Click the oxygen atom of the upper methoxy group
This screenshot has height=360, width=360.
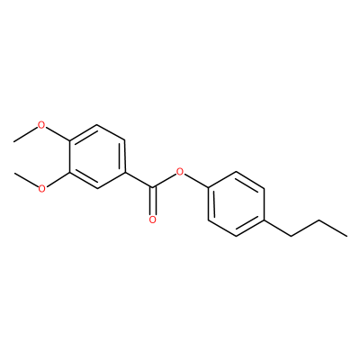tap(41, 125)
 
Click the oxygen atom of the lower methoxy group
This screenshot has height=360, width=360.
tap(41, 189)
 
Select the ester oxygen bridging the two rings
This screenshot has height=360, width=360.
tap(180, 173)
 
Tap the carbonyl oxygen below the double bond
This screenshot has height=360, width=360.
tap(152, 220)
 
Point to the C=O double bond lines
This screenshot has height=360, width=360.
tap(152, 202)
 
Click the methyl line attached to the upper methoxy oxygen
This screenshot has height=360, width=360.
tap(25, 134)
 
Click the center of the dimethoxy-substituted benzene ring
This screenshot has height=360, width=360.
tap(97, 157)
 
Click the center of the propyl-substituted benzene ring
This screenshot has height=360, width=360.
tap(236, 204)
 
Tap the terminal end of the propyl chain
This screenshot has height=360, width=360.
tap(347, 237)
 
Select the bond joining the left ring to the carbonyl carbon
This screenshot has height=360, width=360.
tap(139, 181)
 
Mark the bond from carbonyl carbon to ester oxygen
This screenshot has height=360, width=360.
tap(165, 182)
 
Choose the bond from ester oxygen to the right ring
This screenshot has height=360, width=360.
tap(196, 181)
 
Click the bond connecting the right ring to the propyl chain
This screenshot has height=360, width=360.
tap(278, 229)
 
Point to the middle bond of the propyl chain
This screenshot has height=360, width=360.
tap(305, 229)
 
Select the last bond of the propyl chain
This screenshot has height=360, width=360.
tap(333, 229)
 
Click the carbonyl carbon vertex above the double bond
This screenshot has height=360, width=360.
tap(152, 188)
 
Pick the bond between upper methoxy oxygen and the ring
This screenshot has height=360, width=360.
tap(57, 133)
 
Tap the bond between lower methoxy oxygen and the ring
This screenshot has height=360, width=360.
tap(57, 180)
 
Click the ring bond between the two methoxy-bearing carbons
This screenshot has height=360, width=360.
tap(69, 157)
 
